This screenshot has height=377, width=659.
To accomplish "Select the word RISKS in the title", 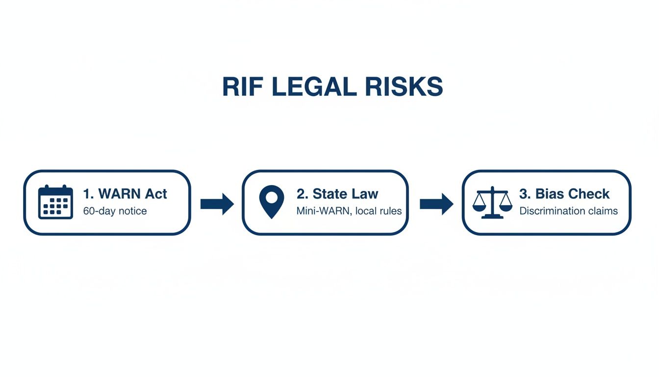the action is pos(405,87).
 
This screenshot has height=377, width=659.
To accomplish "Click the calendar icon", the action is pos(55,202).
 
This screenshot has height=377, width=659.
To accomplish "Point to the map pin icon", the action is pos(272,202).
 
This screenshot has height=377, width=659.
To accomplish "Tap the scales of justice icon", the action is pos(492,202).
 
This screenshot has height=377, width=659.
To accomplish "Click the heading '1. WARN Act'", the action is pos(125,194).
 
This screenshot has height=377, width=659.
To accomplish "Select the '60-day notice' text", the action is pos(115,212).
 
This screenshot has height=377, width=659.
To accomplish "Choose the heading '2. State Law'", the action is pos(337,194).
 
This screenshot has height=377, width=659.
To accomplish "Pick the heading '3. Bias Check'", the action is pos(564,194).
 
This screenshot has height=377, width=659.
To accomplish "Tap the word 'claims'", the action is pos(605,212).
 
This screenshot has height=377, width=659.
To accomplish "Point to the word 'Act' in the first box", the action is pos(155,194).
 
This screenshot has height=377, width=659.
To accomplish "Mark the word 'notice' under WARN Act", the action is pos(132,212).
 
